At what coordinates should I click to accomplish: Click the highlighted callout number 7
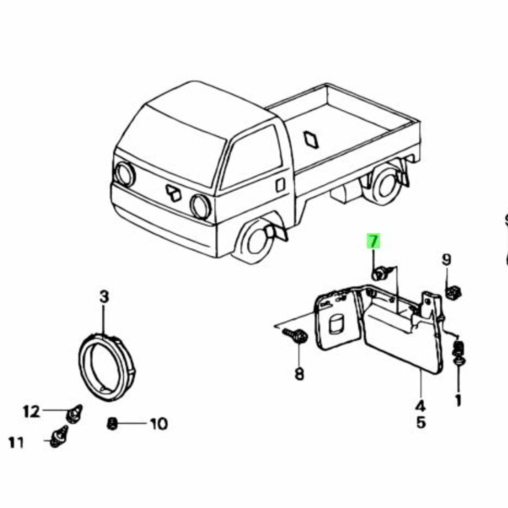[373, 242]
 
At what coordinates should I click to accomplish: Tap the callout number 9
[446, 259]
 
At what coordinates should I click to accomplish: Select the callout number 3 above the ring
[104, 297]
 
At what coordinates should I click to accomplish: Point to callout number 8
[299, 374]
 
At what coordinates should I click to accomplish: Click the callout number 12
[32, 412]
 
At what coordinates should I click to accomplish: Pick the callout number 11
[16, 442]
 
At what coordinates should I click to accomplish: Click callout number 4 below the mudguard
[420, 405]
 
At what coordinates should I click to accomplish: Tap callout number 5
[421, 422]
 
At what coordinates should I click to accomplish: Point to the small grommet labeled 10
[112, 424]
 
